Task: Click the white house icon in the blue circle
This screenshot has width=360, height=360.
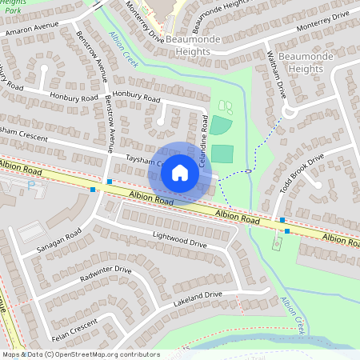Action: pyautogui.click(x=180, y=173)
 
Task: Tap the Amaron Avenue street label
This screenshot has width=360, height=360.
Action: pyautogui.click(x=34, y=28)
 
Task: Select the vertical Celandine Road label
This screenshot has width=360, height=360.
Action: pyautogui.click(x=203, y=148)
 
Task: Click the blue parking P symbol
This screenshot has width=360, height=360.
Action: pyautogui.click(x=30, y=185)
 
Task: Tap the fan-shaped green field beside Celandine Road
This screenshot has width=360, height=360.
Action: pyautogui.click(x=219, y=125)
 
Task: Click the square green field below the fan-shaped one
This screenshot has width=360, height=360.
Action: pyautogui.click(x=222, y=153)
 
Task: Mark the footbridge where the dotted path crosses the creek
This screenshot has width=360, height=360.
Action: pyautogui.click(x=249, y=170)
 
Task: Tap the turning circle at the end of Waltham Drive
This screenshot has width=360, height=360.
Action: pyautogui.click(x=290, y=113)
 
